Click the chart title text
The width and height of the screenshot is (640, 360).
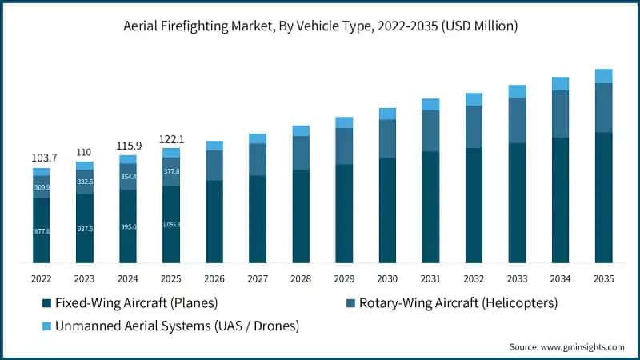(x=320, y=26)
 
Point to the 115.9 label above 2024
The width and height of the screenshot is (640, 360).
(x=127, y=147)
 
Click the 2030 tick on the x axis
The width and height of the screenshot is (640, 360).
(x=387, y=279)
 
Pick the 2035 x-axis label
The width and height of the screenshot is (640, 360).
(x=603, y=279)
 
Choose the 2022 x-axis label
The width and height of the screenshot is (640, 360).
(x=41, y=279)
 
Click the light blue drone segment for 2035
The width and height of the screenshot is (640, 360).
(x=603, y=76)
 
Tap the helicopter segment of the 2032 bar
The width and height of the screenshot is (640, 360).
(x=474, y=126)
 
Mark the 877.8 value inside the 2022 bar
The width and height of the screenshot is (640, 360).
(x=41, y=231)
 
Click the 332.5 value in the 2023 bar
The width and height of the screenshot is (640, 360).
(x=84, y=182)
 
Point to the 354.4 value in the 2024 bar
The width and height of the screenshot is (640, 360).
(x=127, y=177)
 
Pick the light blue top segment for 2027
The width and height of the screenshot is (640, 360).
(x=258, y=138)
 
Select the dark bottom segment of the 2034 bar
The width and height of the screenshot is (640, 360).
(x=560, y=200)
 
